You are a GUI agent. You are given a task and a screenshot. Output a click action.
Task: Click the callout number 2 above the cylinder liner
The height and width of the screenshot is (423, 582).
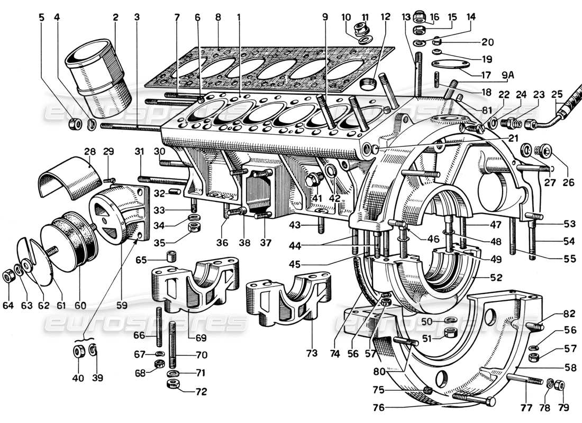[x=114, y=17]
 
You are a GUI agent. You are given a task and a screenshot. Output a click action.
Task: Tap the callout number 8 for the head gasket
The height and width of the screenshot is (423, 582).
[x=218, y=17]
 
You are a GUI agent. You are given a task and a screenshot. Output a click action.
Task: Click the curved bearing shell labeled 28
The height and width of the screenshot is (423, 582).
[x=69, y=179]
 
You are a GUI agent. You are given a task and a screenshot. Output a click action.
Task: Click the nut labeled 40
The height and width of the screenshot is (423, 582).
[x=78, y=351]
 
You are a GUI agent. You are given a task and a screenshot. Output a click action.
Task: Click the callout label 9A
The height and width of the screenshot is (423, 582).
[x=507, y=75]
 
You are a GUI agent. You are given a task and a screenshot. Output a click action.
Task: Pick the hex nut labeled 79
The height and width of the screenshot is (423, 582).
[x=561, y=385]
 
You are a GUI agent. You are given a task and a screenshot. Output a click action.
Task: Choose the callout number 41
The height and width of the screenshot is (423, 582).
[x=316, y=198]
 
